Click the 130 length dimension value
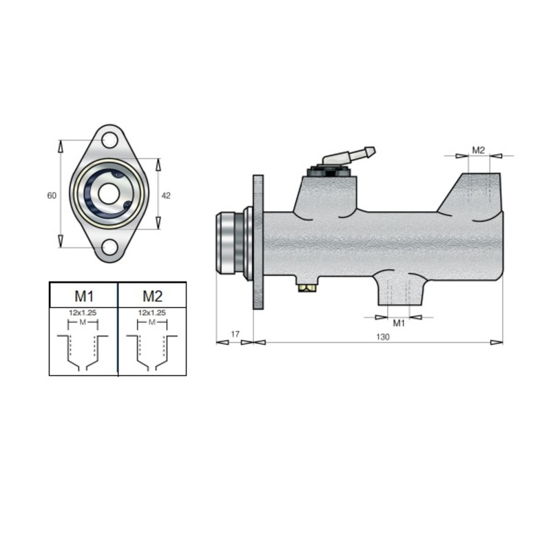pyautogui.click(x=383, y=337)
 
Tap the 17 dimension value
pyautogui.click(x=235, y=334)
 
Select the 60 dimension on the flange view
pyautogui.click(x=52, y=195)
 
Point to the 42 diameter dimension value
pyautogui.click(x=166, y=195)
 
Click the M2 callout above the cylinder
pyautogui.click(x=478, y=150)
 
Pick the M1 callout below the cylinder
pyautogui.click(x=399, y=323)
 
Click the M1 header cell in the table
pyautogui.click(x=83, y=295)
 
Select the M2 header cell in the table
pyautogui.click(x=152, y=295)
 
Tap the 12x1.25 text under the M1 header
pyautogui.click(x=83, y=312)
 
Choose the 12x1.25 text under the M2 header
pyautogui.click(x=152, y=312)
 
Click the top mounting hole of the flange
pyautogui.click(x=110, y=140)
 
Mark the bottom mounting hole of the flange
pyautogui.click(x=110, y=247)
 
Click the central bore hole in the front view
pyautogui.click(x=109, y=194)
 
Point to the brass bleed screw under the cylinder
pyautogui.click(x=307, y=288)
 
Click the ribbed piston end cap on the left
pyautogui.click(x=226, y=243)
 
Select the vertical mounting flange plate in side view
pyautogui.click(x=258, y=242)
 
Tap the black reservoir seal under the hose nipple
pyautogui.click(x=329, y=172)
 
